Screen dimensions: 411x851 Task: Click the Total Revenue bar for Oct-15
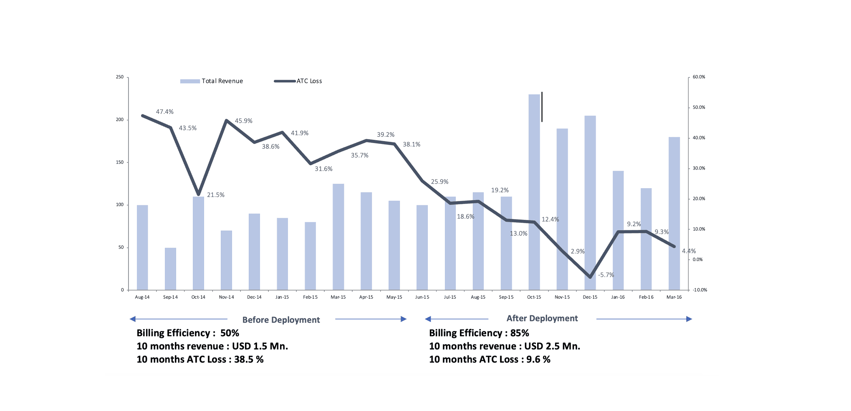click(x=534, y=192)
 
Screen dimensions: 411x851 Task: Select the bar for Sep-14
click(x=170, y=269)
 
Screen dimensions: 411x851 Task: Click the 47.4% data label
click(x=164, y=112)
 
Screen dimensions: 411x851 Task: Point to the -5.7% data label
click(x=606, y=275)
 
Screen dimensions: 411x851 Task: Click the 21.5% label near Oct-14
click(x=215, y=195)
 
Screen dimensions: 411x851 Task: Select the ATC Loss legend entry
click(x=298, y=81)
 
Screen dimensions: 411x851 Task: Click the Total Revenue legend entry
click(x=212, y=81)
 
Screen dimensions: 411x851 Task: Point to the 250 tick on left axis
click(x=120, y=77)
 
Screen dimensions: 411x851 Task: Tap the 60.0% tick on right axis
click(x=699, y=77)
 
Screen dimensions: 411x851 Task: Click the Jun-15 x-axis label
click(x=422, y=297)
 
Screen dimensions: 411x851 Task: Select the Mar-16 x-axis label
click(x=674, y=297)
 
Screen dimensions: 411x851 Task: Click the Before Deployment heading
click(x=281, y=320)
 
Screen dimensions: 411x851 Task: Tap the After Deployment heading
click(x=542, y=318)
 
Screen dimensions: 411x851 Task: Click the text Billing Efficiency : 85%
click(x=479, y=333)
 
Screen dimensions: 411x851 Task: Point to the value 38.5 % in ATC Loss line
click(x=249, y=359)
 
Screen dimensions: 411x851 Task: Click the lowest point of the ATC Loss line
click(x=590, y=277)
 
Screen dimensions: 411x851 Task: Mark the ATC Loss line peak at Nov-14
click(x=226, y=121)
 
